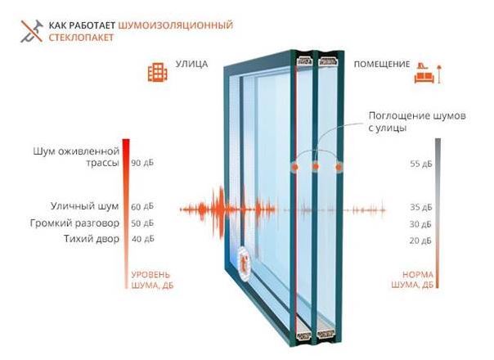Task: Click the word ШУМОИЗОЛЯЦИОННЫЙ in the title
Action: click(x=176, y=25)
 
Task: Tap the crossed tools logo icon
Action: click(x=27, y=31)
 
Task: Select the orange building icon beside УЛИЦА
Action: click(x=156, y=72)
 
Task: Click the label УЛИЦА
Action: click(x=192, y=64)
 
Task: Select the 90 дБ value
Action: click(x=142, y=163)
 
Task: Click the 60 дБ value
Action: click(x=142, y=206)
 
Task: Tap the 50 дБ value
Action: click(x=142, y=223)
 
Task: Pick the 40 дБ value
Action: click(x=142, y=239)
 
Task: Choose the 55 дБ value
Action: click(x=420, y=164)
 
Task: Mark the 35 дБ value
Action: click(x=420, y=207)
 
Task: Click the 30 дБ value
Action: click(x=420, y=224)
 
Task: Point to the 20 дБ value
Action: click(x=420, y=241)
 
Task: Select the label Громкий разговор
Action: click(x=74, y=223)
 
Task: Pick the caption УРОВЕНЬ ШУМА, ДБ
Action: click(x=150, y=279)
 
